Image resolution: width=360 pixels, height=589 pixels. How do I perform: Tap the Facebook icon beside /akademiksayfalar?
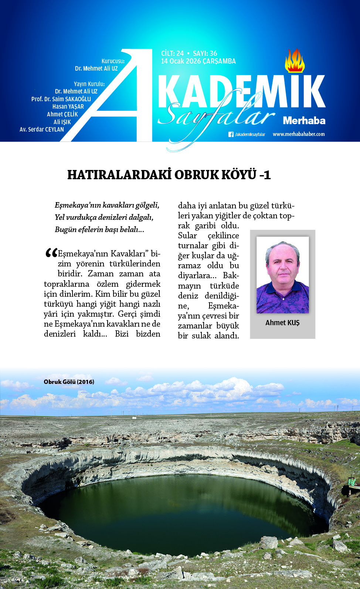231,135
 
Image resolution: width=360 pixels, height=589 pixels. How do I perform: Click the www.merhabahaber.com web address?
299,134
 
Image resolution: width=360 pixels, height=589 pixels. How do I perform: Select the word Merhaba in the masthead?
304,120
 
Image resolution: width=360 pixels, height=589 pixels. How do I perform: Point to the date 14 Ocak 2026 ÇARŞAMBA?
198,61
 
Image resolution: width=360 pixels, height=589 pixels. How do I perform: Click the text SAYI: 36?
205,54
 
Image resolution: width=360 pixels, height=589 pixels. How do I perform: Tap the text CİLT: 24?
172,54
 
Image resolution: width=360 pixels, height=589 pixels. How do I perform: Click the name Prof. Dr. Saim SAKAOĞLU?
61,99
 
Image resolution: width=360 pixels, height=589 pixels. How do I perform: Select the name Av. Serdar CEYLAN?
42,129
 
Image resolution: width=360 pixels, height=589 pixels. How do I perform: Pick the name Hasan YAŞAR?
68,106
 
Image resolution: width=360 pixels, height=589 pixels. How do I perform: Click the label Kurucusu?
113,61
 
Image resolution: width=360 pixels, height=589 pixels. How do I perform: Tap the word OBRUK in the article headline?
196,175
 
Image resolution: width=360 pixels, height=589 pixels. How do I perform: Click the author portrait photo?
282,275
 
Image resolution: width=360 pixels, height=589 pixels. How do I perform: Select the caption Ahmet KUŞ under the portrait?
282,323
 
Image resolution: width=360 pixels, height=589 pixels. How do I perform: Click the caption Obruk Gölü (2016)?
69,382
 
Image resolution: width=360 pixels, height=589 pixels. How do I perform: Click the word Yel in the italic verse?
60,217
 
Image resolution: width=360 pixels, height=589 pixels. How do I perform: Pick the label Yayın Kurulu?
89,84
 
